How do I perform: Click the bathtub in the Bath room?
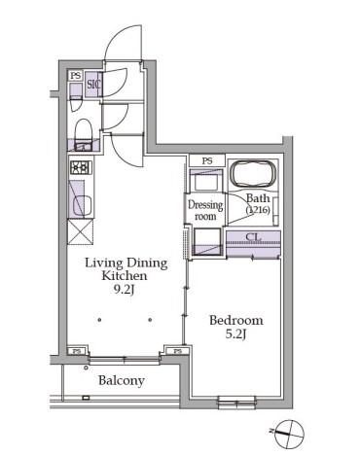pyautogui.click(x=253, y=174)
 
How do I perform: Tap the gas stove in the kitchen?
pyautogui.click(x=81, y=167)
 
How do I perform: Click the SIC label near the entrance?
pyautogui.click(x=93, y=85)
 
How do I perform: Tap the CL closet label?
pyautogui.click(x=253, y=237)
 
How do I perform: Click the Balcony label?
pyautogui.click(x=122, y=380)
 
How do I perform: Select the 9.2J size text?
pyautogui.click(x=124, y=290)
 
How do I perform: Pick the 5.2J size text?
pyautogui.click(x=235, y=333)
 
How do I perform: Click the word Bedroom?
pyautogui.click(x=236, y=320)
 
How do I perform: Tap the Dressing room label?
pyautogui.click(x=205, y=210)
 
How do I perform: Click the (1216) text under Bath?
pyautogui.click(x=258, y=210)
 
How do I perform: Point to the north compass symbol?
pyautogui.click(x=289, y=433)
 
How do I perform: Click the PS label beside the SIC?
pyautogui.click(x=76, y=76)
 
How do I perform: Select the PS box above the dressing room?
pyautogui.click(x=207, y=160)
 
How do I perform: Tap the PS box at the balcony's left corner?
pyautogui.click(x=77, y=351)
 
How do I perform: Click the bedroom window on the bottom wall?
pyautogui.click(x=236, y=402)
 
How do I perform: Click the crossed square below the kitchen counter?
pyautogui.click(x=81, y=231)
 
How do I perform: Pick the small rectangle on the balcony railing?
pyautogui.click(x=86, y=398)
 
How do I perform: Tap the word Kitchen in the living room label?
pyautogui.click(x=125, y=276)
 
